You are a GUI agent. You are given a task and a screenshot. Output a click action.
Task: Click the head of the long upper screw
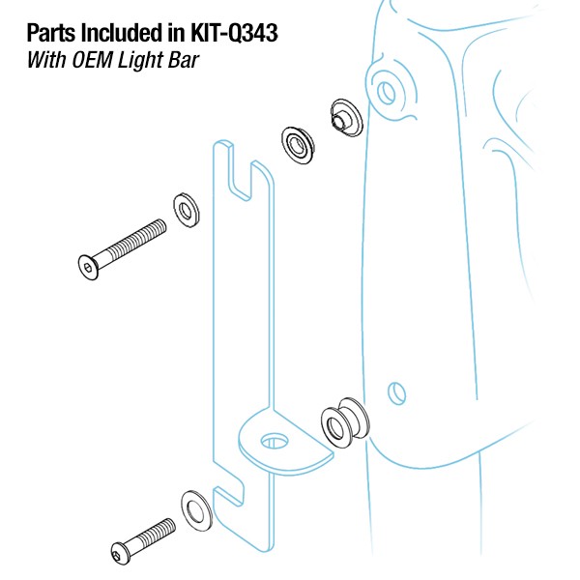(88, 262)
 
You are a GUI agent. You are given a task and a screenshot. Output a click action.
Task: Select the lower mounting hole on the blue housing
(393, 392)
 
